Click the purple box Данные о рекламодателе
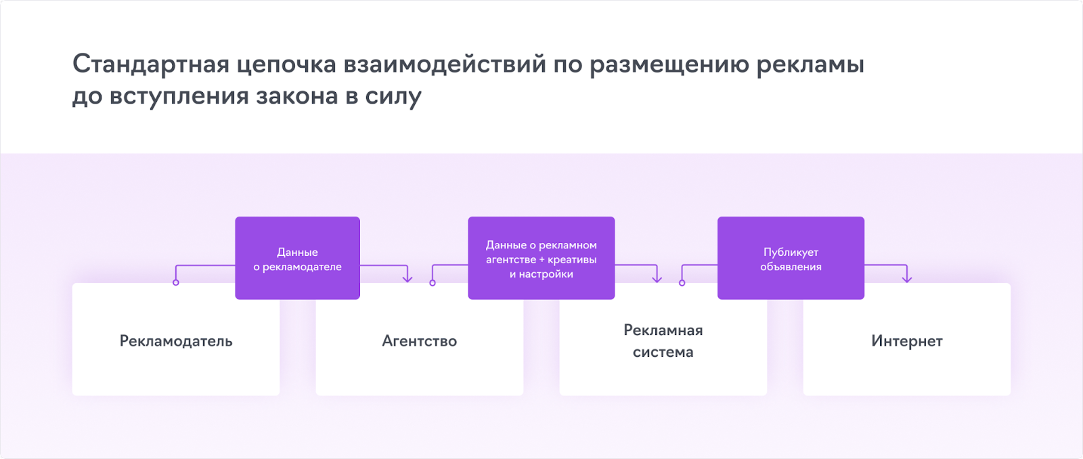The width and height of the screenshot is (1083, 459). coord(297,259)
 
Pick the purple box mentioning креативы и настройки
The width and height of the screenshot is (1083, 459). coord(541,259)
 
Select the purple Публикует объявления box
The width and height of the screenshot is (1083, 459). coord(791,259)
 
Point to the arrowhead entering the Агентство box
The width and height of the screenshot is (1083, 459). coord(407,278)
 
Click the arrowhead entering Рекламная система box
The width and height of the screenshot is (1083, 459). coord(657,278)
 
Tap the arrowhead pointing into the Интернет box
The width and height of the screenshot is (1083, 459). coord(907,278)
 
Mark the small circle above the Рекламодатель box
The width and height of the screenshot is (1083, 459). coord(176,282)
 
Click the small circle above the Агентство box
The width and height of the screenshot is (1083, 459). coord(433,282)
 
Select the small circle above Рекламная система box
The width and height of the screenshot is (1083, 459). coord(682,282)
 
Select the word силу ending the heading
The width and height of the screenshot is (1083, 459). coord(393,97)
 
